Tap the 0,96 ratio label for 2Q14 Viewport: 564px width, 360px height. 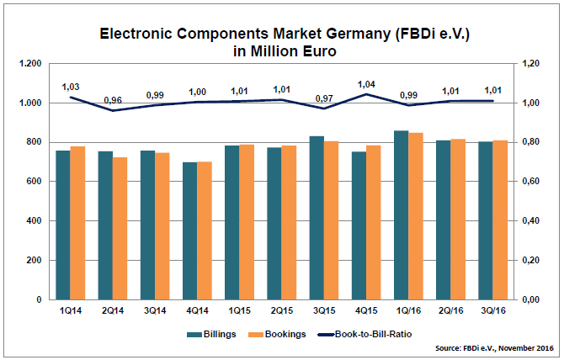click(113, 100)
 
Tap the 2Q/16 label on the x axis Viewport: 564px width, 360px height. click(452, 310)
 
